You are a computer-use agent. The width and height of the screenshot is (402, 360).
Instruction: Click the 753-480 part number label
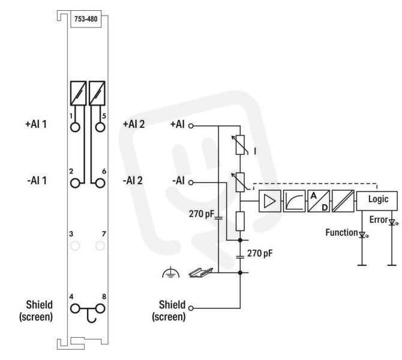[x=86, y=19]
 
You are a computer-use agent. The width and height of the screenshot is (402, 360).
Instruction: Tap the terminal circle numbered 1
[x=75, y=127]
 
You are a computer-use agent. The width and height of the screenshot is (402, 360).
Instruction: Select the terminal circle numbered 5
[x=100, y=127]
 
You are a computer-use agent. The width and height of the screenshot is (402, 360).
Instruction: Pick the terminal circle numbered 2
[x=75, y=184]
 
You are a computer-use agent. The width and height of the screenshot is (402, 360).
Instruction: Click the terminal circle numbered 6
[x=100, y=184]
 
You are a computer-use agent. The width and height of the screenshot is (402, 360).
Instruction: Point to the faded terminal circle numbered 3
[x=75, y=246]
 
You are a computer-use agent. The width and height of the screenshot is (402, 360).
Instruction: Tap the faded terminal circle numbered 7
[x=100, y=246]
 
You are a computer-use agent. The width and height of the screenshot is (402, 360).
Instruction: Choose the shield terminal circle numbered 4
[x=75, y=308]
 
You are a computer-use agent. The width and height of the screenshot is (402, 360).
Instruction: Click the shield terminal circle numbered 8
[x=100, y=308]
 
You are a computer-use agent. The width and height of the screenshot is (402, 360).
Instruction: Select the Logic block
[x=377, y=201]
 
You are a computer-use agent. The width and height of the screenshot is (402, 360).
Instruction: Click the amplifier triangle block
[x=270, y=201]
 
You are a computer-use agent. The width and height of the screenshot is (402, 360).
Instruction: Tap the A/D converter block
[x=319, y=201]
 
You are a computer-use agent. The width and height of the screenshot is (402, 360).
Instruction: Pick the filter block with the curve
[x=294, y=201]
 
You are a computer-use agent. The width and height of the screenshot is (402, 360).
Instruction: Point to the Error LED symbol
[x=392, y=222]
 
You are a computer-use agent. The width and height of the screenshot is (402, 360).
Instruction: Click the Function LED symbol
[x=362, y=235]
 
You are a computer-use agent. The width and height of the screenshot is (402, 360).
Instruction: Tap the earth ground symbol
[x=171, y=272]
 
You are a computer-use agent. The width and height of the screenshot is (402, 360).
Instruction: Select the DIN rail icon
[x=201, y=272]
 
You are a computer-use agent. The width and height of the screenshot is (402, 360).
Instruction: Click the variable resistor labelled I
[x=240, y=145]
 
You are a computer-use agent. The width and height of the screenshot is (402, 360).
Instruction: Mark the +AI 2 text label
[x=134, y=124]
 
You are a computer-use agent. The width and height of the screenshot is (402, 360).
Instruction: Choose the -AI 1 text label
[x=37, y=181]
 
